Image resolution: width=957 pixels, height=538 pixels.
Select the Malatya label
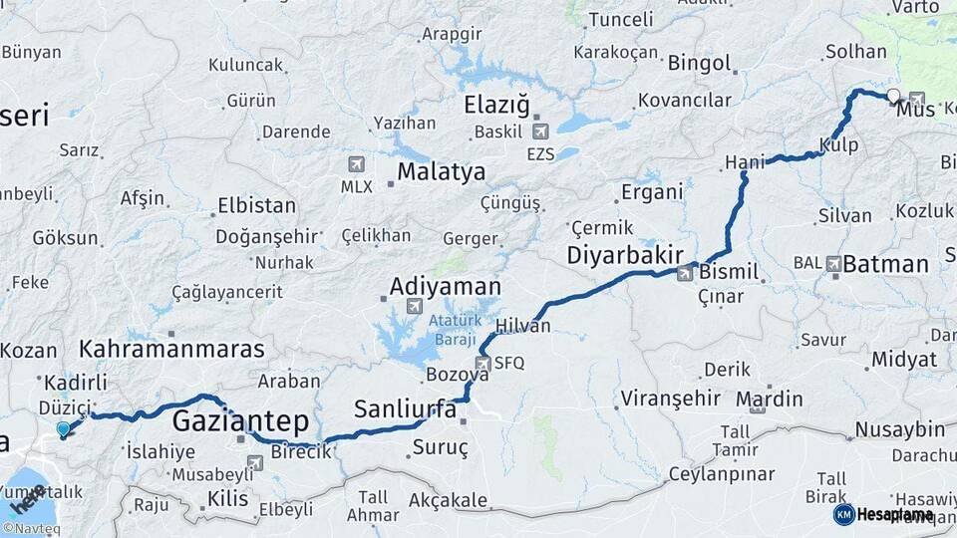point(441,171)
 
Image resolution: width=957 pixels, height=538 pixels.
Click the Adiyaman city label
point(445,287)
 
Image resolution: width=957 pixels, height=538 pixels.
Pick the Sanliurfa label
point(405,409)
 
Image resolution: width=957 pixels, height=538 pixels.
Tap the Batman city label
point(885,264)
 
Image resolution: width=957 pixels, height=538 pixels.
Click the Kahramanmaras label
point(171,349)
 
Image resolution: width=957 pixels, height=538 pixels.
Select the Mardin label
point(769,400)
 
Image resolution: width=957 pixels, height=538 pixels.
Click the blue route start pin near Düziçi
point(64,429)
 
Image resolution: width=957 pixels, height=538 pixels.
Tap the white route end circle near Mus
point(893,97)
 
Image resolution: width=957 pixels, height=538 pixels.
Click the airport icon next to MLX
point(356,164)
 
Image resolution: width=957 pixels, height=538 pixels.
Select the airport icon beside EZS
point(539,132)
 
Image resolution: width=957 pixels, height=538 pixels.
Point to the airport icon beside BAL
point(832,264)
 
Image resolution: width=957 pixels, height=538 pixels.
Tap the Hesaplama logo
point(883,514)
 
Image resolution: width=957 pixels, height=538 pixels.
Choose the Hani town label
point(744,162)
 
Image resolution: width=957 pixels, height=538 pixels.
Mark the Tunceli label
point(620,20)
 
